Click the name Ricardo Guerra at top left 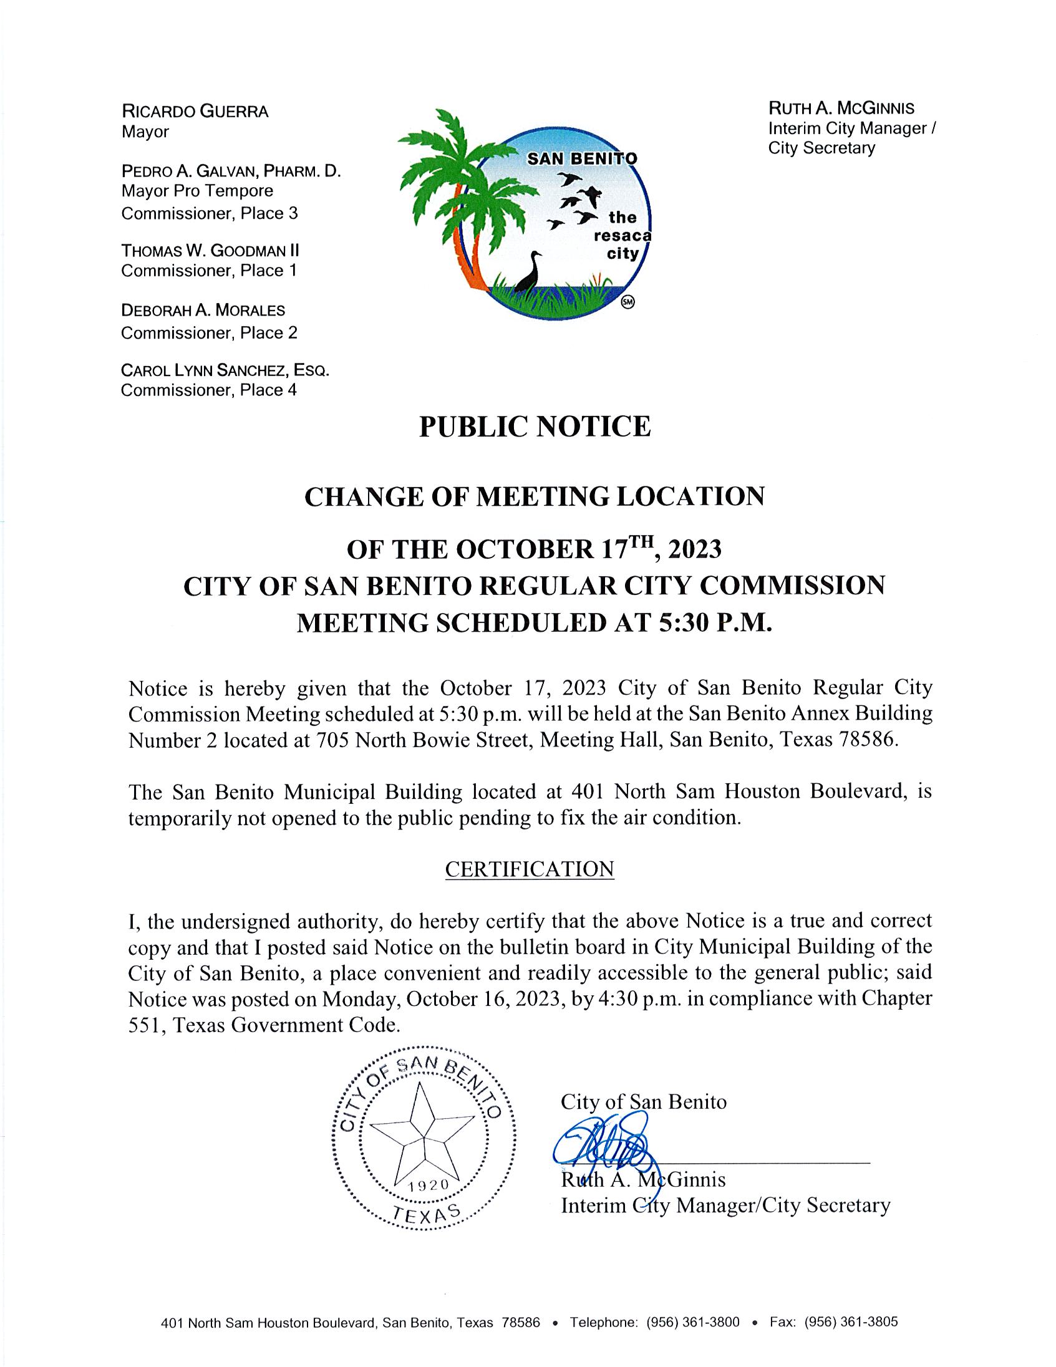(x=195, y=112)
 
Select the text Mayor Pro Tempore (x=197, y=191)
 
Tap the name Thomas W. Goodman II (x=210, y=251)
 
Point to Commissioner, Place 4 (x=209, y=390)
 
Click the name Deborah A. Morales (x=203, y=311)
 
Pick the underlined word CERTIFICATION (x=530, y=869)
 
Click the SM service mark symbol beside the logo (x=628, y=302)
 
